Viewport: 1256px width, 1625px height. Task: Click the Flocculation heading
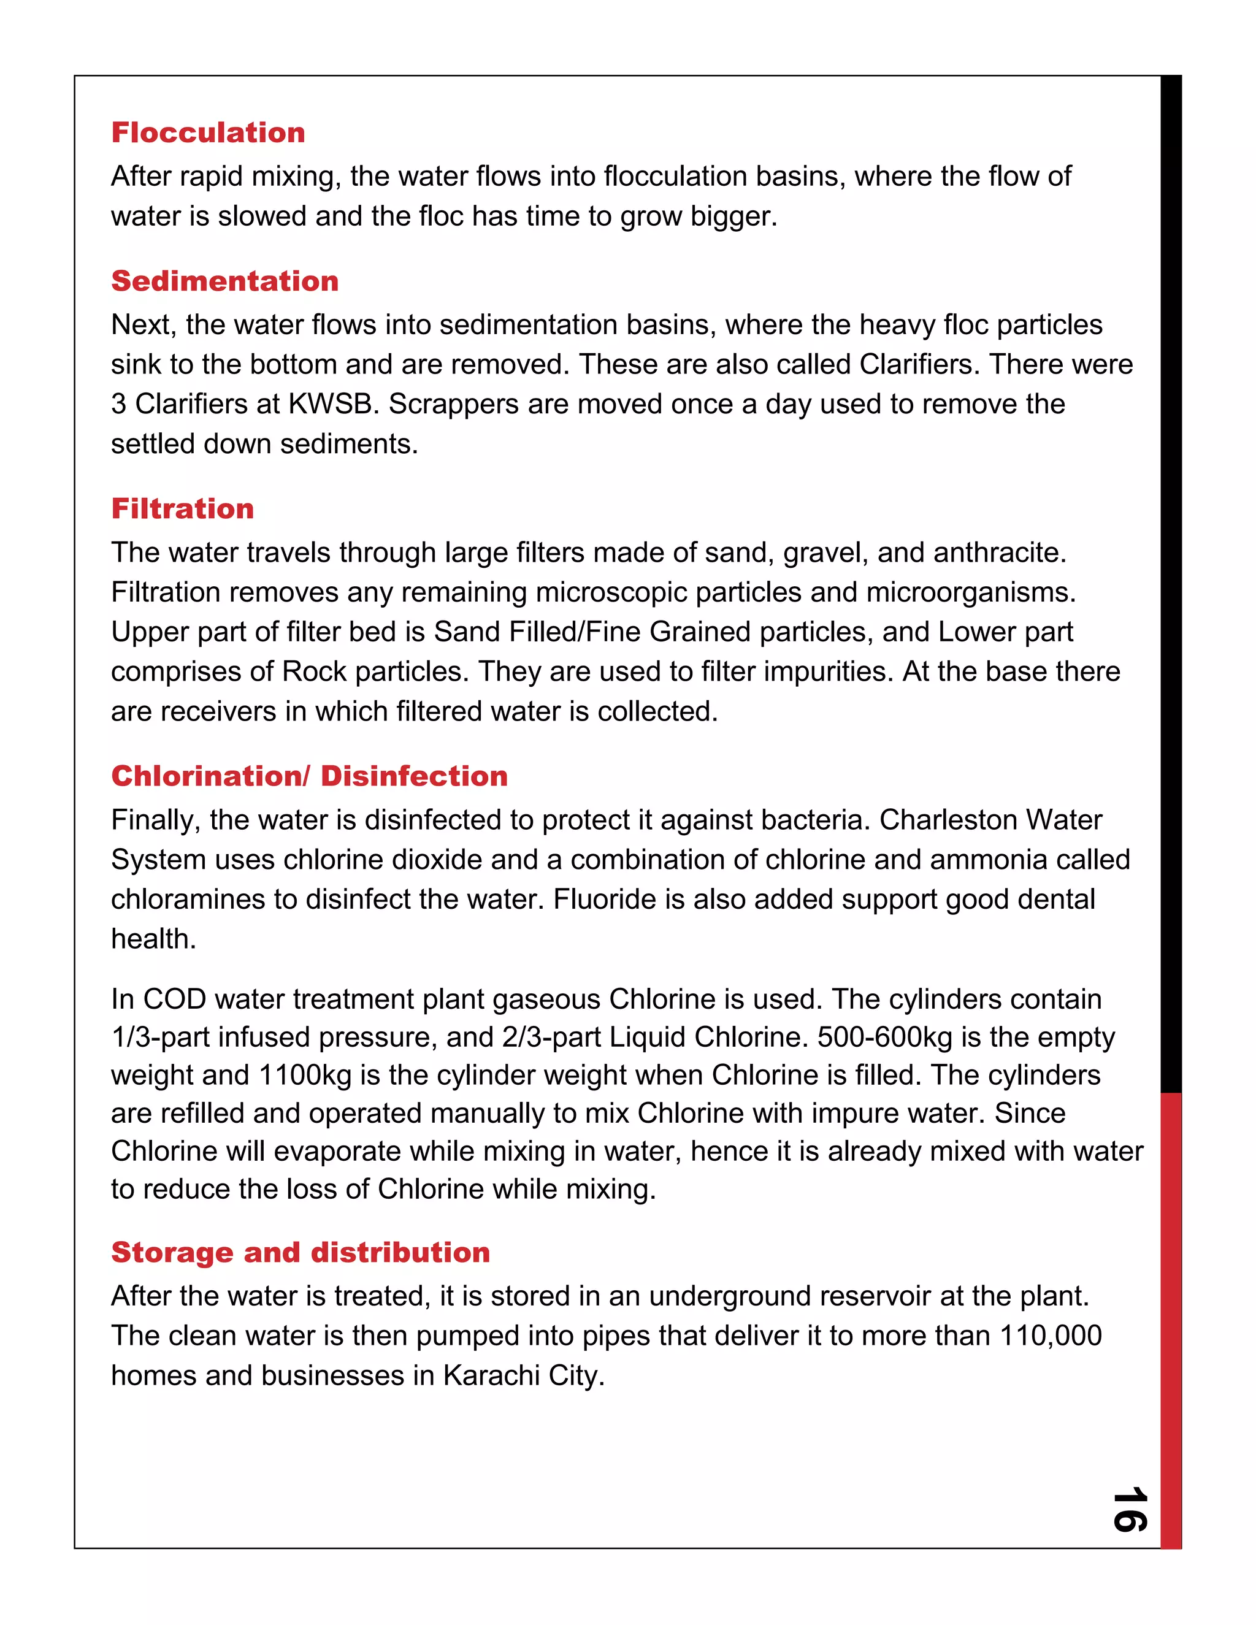tap(209, 132)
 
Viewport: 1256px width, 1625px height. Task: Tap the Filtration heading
tap(182, 508)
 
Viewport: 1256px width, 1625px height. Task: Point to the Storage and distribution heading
tap(301, 1252)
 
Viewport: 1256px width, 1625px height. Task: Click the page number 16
tap(1130, 1509)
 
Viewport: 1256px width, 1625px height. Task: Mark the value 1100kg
tap(304, 1075)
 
